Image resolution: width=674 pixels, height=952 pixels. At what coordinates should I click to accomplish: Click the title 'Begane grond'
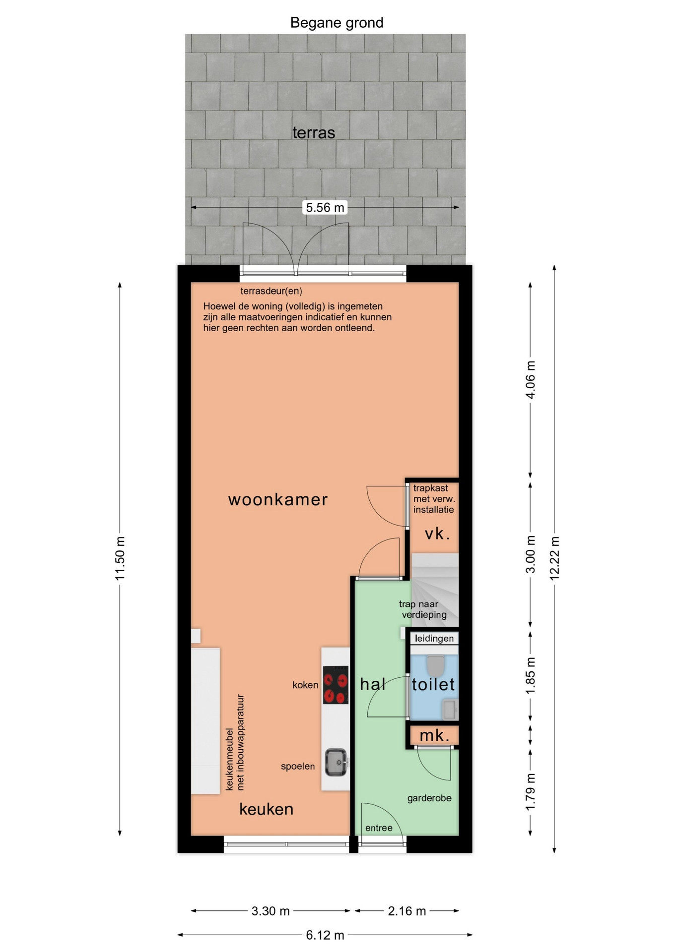point(337,23)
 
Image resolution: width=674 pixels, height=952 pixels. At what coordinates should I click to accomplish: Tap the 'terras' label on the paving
point(314,133)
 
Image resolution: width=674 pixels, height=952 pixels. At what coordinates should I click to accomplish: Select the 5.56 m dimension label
point(325,207)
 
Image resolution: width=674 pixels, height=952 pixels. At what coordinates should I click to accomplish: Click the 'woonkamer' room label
point(278,499)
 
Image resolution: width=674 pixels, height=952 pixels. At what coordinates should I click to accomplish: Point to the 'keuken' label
point(267,809)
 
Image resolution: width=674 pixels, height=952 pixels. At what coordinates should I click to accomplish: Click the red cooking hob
point(336,685)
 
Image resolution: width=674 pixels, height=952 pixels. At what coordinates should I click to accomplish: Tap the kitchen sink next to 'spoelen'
point(337,762)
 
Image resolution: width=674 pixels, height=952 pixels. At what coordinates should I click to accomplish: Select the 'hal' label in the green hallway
point(373,684)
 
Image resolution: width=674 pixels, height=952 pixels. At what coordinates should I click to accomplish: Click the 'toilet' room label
point(433,684)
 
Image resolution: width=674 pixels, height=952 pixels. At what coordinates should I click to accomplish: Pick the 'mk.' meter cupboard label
point(435,735)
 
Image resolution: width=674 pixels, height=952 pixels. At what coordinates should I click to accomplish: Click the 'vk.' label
point(437,534)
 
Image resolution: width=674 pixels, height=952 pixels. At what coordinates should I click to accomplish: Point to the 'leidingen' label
point(434,638)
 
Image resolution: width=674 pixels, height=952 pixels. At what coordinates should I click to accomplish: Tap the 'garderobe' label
point(429,798)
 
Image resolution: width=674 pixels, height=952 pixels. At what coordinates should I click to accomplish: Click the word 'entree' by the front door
point(379,828)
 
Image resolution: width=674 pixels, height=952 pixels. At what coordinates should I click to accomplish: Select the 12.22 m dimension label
point(554,558)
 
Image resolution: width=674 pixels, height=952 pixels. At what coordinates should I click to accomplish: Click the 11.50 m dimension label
point(120,558)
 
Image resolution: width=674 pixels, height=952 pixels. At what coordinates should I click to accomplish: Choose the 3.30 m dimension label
point(270,911)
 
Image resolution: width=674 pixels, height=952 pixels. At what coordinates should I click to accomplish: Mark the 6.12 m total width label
point(325,935)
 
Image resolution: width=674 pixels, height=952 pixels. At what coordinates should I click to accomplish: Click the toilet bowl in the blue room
point(436,665)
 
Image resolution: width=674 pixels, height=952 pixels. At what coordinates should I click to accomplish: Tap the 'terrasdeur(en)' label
point(271,291)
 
